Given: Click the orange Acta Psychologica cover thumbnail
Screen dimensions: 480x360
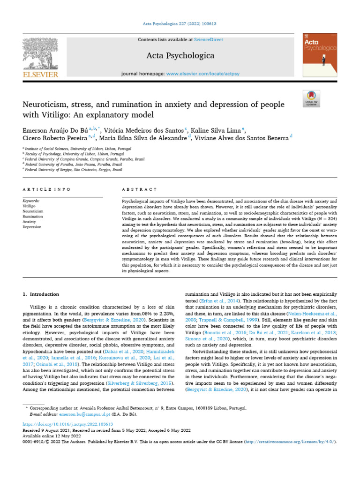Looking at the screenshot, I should pos(320,55).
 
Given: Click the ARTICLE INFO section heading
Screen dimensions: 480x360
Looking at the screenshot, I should pos(47,189).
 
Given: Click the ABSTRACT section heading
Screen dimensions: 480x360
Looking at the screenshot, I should pos(139,189).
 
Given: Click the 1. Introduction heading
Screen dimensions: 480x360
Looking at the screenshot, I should pos(41,294).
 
